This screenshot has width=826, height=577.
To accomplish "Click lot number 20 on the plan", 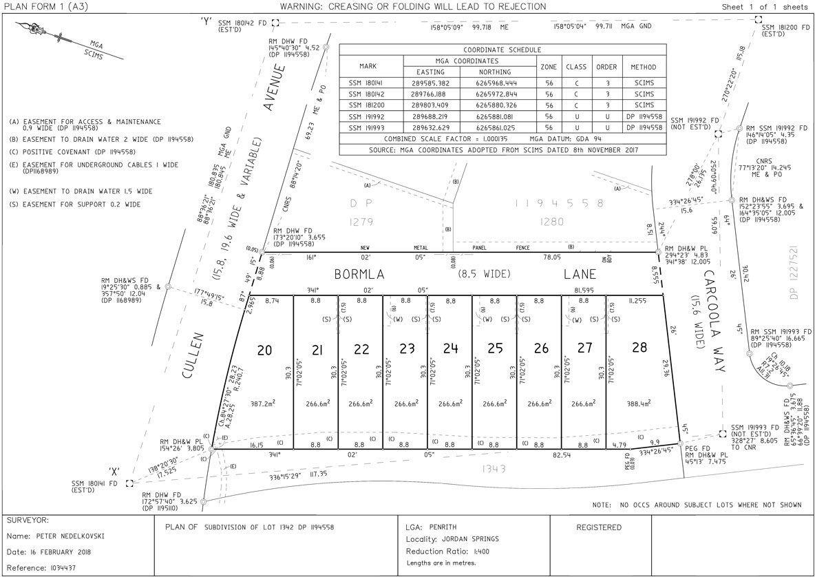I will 264,350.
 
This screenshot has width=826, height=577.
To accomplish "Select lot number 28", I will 639,348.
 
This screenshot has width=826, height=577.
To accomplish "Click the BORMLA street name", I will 359,274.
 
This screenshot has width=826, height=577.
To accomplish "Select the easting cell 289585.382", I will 431,83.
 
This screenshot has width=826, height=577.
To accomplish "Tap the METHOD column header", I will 643,67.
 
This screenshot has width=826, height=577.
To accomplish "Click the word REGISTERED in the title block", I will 598,527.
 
